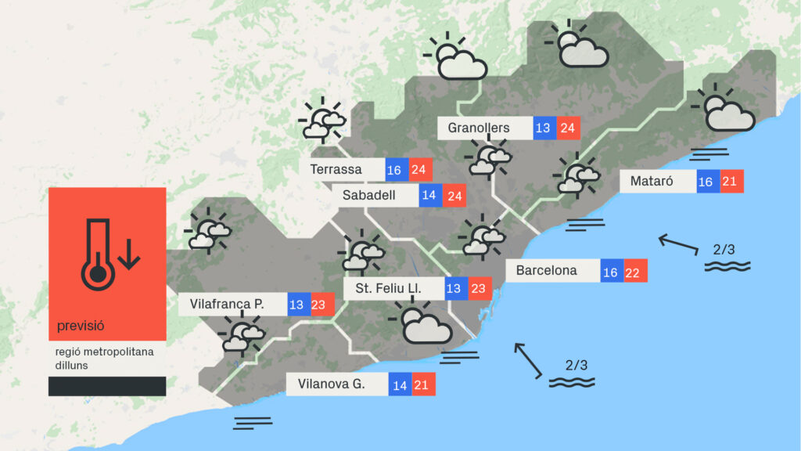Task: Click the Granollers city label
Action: [479, 128]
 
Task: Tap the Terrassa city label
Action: [336, 169]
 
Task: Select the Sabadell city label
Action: [369, 195]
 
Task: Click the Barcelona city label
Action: [546, 271]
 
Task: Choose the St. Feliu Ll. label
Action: [388, 289]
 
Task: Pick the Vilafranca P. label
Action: [226, 304]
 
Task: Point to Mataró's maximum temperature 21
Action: [732, 182]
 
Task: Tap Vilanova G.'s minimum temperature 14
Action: [400, 384]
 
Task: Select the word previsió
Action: [81, 325]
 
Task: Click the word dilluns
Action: [71, 365]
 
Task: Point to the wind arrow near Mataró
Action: [677, 244]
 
